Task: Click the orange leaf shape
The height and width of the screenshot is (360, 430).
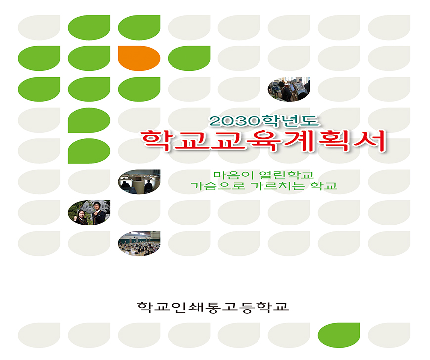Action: tap(139, 58)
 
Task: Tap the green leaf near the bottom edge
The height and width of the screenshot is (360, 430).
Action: tap(339, 335)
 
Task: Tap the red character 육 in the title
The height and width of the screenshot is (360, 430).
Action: tap(264, 141)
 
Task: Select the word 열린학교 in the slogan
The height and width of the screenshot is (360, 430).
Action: tap(286, 175)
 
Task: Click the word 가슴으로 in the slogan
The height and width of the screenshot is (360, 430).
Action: tap(218, 186)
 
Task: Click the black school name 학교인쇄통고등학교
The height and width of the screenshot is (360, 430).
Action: tap(213, 307)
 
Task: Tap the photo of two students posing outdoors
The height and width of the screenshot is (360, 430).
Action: tap(89, 213)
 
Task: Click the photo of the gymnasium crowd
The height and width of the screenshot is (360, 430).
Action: tap(139, 243)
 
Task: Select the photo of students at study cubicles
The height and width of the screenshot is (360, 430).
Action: tap(139, 181)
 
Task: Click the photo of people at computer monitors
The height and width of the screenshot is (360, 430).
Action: tap(289, 89)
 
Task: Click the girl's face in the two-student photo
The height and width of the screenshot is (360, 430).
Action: tap(82, 214)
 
